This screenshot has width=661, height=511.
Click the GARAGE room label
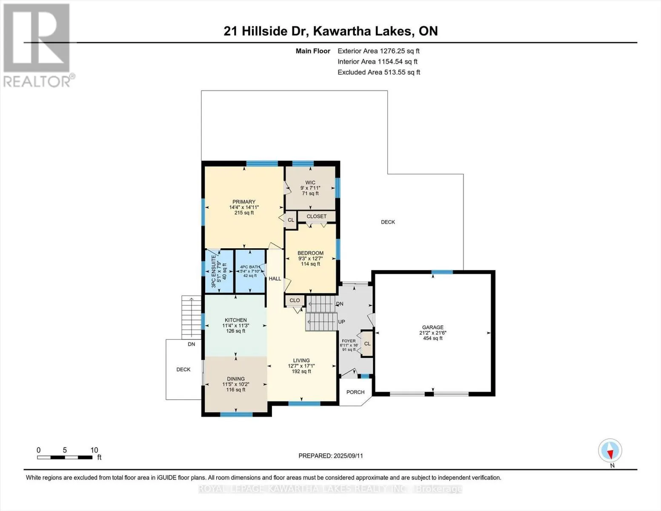pos(432,327)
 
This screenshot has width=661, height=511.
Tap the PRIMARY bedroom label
pos(243,201)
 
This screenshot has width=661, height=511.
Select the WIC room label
pos(310,183)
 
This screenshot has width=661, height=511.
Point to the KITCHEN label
pos(235,320)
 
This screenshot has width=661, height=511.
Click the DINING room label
pos(235,379)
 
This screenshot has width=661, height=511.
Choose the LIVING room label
pos(301,360)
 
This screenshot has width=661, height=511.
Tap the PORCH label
pos(355,392)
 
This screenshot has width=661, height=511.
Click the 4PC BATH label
pos(250,267)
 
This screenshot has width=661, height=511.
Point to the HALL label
pos(275,278)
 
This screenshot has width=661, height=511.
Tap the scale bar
pos(65,457)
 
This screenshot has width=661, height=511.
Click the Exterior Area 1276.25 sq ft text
pos(378,51)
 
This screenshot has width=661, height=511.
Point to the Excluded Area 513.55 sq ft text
pos(379,72)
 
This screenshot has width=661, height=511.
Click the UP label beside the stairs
pos(341,322)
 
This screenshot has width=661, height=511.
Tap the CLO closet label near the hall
pos(295,300)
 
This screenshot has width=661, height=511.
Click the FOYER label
pos(349,341)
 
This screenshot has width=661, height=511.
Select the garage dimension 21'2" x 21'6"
pos(432,333)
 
